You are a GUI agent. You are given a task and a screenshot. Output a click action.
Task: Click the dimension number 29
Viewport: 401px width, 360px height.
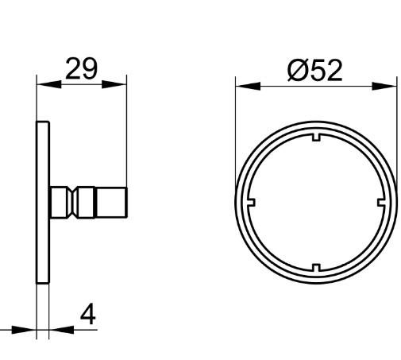81,68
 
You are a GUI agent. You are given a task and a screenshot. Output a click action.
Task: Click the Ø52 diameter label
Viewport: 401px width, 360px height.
315,70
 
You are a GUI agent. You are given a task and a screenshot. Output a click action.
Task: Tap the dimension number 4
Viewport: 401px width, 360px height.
88,314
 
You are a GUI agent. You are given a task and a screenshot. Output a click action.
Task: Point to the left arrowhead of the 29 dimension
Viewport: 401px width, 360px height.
49,84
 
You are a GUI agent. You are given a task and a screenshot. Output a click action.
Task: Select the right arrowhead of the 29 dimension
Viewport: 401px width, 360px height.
114,84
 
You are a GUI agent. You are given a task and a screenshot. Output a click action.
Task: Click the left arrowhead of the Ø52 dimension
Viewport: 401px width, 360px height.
248,86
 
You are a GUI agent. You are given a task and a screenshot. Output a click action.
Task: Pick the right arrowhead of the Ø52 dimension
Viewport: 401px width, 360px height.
384,86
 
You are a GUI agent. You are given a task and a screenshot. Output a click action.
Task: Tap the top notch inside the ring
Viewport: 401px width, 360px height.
316,137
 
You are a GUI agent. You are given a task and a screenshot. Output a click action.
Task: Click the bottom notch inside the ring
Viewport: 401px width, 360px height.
316,268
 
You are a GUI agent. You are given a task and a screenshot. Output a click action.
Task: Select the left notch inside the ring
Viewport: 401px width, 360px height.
251,203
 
